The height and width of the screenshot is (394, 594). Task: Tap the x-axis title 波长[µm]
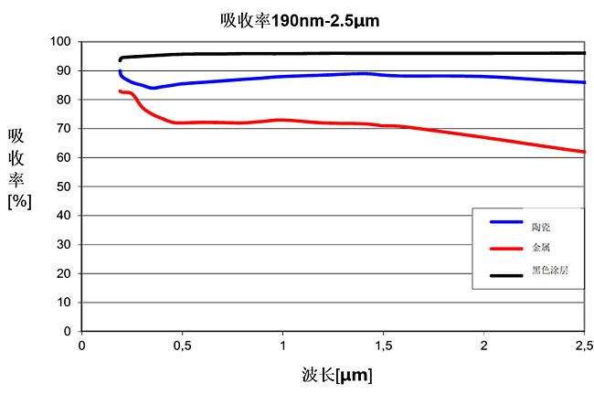coord(336,374)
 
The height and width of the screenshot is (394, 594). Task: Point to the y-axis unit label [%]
coord(19,202)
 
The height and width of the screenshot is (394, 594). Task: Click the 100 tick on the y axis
coord(59,42)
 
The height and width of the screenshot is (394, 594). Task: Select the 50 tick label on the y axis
coord(62,186)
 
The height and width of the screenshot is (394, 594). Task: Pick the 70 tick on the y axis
coord(62,129)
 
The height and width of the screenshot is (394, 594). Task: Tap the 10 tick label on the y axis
coord(62,303)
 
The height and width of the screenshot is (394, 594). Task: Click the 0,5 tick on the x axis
coord(182,345)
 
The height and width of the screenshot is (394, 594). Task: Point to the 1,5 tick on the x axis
coord(383,345)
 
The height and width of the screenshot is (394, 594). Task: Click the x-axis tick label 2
coord(483,345)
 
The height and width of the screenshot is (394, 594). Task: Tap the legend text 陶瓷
coord(540,225)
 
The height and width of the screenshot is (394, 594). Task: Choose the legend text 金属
coord(540,247)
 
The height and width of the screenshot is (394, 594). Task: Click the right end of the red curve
coord(584,152)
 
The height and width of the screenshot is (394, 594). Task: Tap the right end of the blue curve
coord(584,82)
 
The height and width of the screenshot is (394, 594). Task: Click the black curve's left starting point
coord(120,60)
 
